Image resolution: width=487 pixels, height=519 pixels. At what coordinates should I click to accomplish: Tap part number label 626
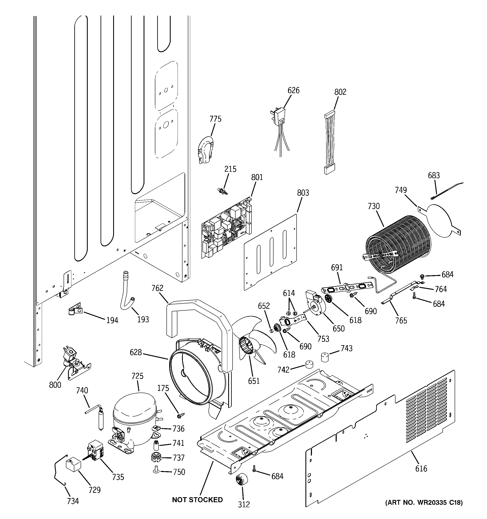293,90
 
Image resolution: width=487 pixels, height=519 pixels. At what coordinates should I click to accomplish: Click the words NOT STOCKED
197,500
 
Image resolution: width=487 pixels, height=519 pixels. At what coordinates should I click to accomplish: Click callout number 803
303,193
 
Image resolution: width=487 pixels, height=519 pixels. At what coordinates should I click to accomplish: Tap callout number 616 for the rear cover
421,469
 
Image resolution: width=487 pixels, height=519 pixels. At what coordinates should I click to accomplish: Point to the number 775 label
215,119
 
